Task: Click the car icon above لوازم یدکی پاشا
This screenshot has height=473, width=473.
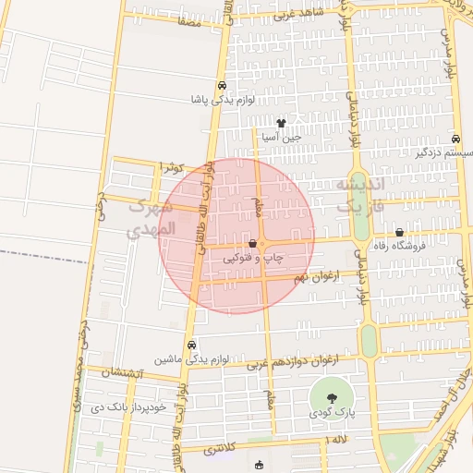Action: point(222,86)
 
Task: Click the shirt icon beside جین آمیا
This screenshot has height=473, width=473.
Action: point(281,122)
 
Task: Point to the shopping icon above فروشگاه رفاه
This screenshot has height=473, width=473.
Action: point(399,232)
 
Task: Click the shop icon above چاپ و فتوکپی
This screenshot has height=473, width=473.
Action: point(252,243)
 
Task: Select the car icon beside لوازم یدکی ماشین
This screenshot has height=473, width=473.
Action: point(191,345)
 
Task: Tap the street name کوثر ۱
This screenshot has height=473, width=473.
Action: point(173,167)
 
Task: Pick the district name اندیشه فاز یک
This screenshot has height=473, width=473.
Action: point(357,197)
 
